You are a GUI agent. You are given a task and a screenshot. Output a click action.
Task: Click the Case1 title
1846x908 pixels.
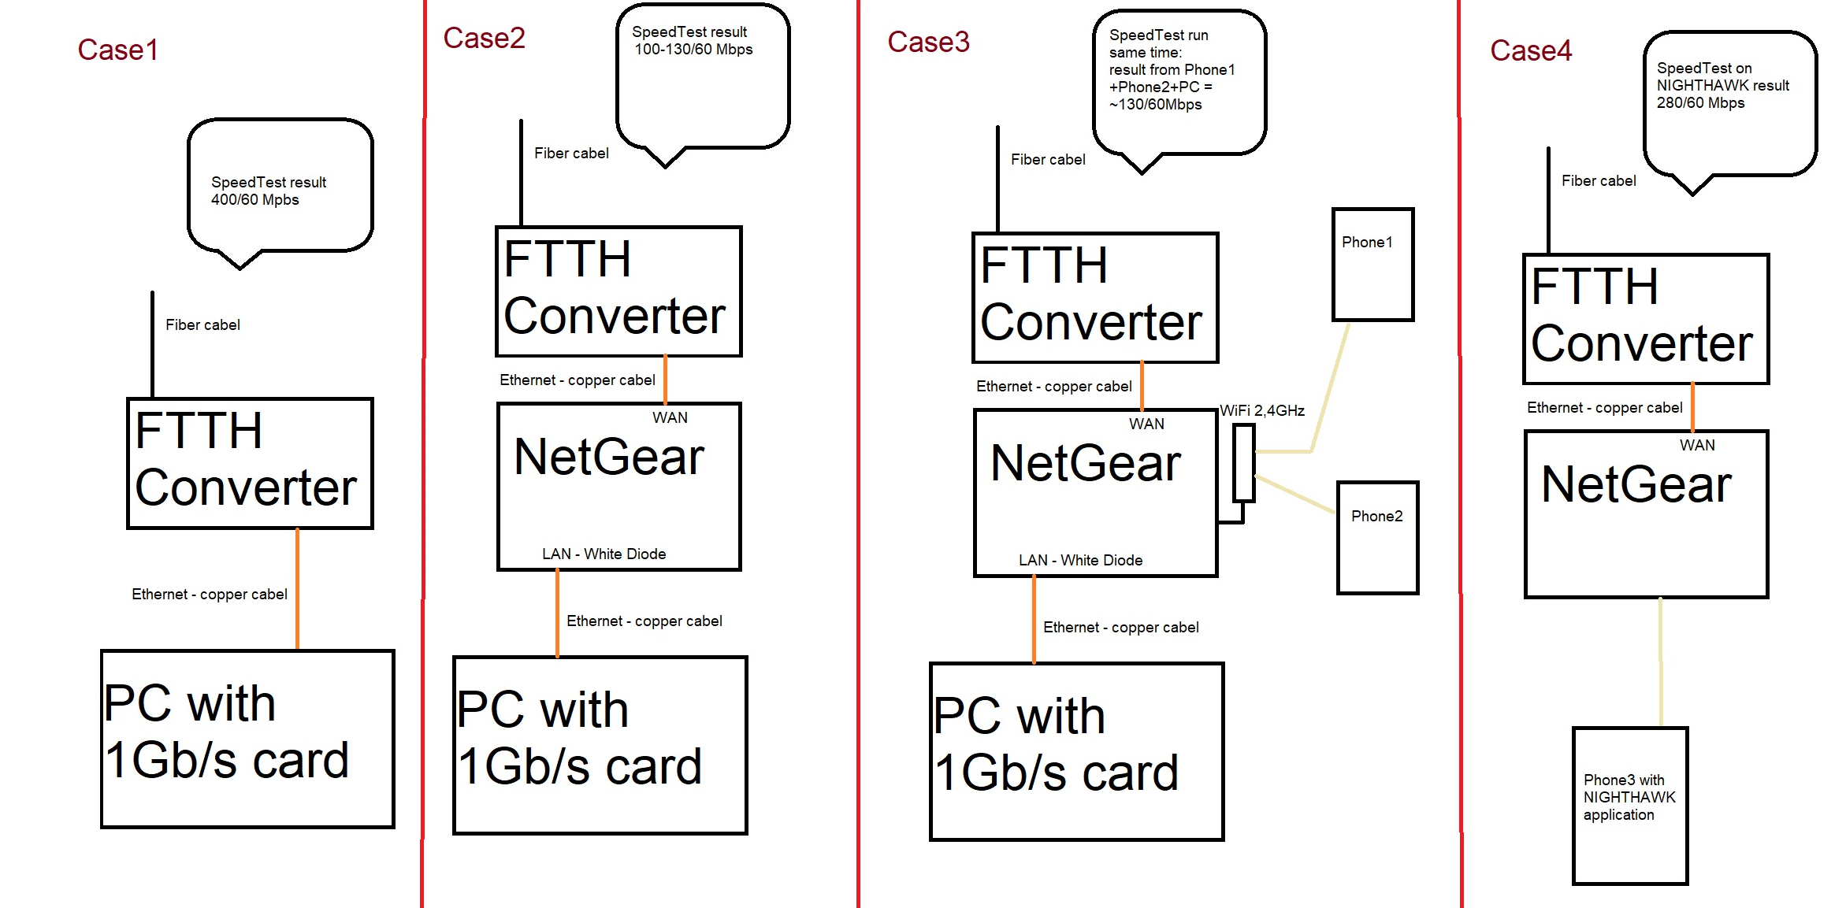(117, 50)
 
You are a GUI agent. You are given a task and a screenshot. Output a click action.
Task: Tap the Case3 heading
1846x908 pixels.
(927, 43)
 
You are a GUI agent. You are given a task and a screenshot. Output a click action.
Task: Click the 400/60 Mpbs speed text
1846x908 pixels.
(254, 200)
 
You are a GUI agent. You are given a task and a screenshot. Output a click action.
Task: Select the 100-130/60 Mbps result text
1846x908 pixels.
(693, 50)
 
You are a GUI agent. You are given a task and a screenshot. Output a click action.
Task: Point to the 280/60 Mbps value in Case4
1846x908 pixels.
(1699, 103)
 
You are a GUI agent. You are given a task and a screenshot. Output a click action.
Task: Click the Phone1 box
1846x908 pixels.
(1372, 265)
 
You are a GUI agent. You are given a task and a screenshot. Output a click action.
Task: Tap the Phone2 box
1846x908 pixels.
(1376, 538)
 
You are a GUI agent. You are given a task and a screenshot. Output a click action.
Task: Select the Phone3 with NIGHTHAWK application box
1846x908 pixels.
(1629, 806)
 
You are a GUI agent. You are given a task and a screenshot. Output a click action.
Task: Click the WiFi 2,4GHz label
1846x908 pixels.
(1261, 411)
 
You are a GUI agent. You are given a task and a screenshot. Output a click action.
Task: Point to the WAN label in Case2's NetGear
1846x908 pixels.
(670, 418)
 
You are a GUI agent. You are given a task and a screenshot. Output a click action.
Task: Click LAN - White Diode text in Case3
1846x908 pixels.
(1079, 561)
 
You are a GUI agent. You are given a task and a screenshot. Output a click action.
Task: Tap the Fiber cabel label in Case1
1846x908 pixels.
(202, 325)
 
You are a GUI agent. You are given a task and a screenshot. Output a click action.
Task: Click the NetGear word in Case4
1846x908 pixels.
(1635, 484)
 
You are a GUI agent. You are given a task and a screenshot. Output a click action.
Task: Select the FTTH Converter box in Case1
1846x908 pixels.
(250, 463)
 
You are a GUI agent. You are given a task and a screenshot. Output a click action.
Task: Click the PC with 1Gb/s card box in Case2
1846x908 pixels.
(600, 744)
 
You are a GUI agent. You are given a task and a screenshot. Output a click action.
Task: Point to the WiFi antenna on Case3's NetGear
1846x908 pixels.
(1243, 463)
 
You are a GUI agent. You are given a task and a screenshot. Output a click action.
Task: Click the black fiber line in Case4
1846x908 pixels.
(1547, 201)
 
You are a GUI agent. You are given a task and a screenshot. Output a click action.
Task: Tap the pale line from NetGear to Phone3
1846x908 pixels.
(1660, 662)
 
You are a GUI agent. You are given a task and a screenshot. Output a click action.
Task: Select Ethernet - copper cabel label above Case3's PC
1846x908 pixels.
(1120, 628)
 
